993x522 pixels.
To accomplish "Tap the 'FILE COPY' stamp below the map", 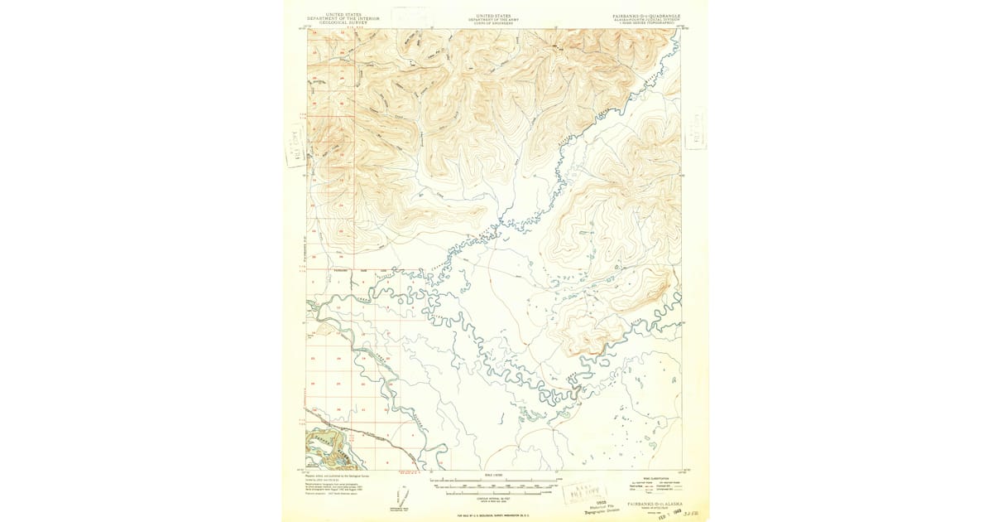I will [582, 491].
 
